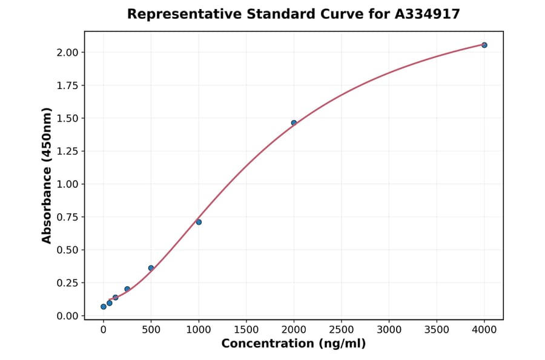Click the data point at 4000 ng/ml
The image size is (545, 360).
[484, 45]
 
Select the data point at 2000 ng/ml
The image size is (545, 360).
[294, 123]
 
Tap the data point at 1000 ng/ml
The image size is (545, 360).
[199, 222]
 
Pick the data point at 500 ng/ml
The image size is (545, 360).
[151, 268]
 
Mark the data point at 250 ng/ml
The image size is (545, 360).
[127, 289]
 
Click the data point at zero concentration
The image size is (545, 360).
[104, 307]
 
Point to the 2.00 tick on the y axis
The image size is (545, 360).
[67, 52]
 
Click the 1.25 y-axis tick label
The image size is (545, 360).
[67, 151]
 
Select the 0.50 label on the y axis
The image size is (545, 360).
[67, 250]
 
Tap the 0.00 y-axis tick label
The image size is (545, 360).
[67, 316]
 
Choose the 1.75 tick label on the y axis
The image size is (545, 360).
[67, 85]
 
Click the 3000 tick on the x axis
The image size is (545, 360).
[389, 330]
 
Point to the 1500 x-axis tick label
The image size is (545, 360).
[246, 330]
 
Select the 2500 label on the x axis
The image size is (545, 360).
[342, 330]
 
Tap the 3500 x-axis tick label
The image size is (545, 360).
[437, 330]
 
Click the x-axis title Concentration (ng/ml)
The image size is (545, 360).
[294, 344]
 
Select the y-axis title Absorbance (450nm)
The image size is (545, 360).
[47, 175]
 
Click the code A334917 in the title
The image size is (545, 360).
[428, 14]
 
